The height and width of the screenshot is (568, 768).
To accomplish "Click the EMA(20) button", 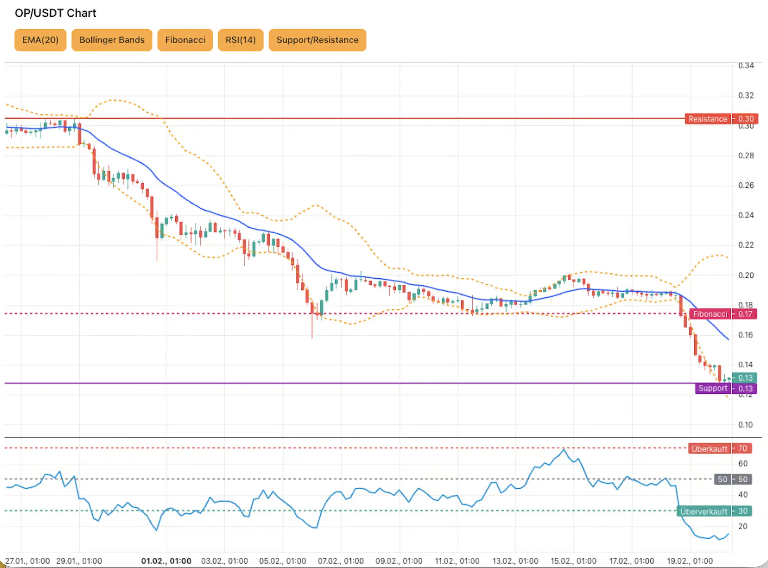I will click(40, 40).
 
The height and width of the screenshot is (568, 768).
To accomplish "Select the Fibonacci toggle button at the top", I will click(185, 40).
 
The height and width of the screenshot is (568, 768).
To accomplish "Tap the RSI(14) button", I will click(241, 40).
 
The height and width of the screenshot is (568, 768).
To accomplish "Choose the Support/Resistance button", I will click(317, 40).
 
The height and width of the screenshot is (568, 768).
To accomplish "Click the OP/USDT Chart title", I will click(55, 13).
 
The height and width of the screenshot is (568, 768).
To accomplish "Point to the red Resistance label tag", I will click(707, 119).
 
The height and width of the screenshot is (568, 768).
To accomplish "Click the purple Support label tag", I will click(712, 388).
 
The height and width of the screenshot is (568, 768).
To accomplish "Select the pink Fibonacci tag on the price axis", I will click(710, 314).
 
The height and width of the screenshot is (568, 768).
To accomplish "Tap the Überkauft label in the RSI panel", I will click(709, 449).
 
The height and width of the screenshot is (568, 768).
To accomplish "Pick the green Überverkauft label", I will click(704, 511).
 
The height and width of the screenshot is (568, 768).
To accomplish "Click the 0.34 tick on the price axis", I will click(746, 66).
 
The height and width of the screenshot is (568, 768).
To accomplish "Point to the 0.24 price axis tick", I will click(746, 215).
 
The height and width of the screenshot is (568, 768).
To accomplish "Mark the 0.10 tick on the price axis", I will click(745, 425).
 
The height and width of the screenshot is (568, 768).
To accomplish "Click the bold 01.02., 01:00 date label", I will click(166, 561).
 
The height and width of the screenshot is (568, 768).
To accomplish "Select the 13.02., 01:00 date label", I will click(515, 561).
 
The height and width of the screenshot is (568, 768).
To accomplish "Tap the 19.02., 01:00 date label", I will click(689, 561).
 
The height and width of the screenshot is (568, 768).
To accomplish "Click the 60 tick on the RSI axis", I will click(743, 464).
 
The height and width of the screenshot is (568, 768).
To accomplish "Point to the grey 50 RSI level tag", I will click(722, 479).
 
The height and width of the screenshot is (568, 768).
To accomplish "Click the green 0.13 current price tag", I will click(745, 378).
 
